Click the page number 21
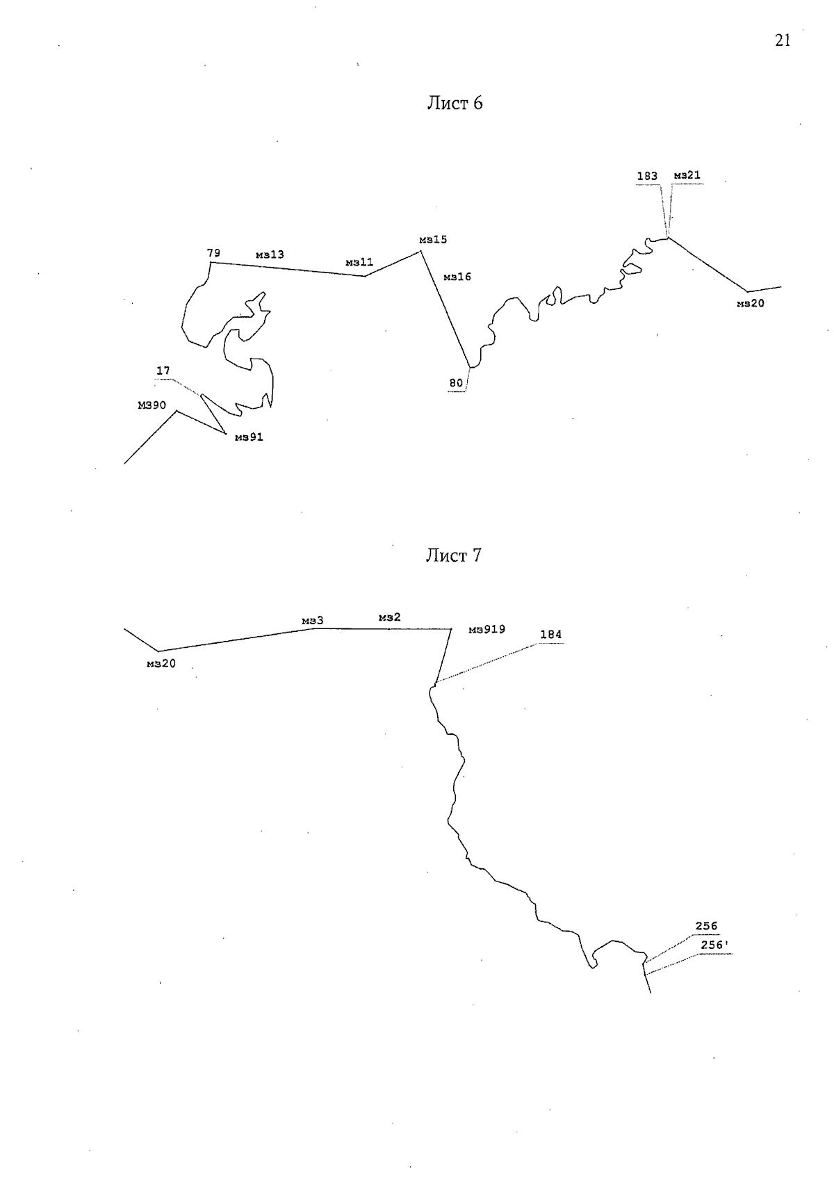click(x=783, y=40)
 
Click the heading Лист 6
click(x=455, y=103)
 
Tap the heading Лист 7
click(x=454, y=555)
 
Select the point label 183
click(x=647, y=177)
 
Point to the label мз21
click(x=687, y=175)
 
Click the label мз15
click(x=433, y=239)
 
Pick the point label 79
click(x=213, y=253)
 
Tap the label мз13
click(x=270, y=254)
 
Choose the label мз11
click(x=359, y=262)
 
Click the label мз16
click(x=457, y=277)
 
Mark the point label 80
click(x=456, y=383)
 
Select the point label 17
click(x=163, y=371)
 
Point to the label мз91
click(x=249, y=437)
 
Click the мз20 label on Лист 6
click(x=751, y=304)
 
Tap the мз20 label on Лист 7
click(x=161, y=664)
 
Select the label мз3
click(x=313, y=621)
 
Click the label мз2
click(x=389, y=617)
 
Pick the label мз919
click(x=486, y=630)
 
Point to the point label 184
click(x=551, y=635)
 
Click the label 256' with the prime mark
click(x=714, y=945)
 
